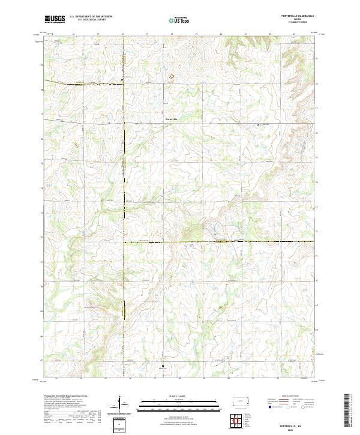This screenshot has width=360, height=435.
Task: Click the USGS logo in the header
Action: click(x=55, y=19)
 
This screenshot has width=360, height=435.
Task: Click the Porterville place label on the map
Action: click(x=172, y=118)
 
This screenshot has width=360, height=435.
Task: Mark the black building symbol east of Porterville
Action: click(x=259, y=124)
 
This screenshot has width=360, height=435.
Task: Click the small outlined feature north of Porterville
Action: click(x=170, y=76)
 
